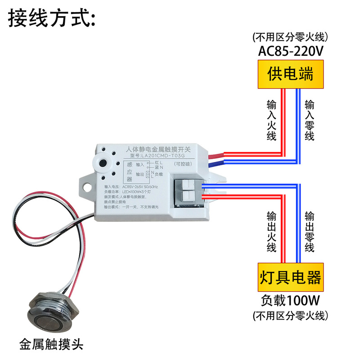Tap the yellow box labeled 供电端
click(x=290, y=75)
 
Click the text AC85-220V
click(x=291, y=52)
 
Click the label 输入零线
click(x=310, y=120)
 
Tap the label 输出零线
click(x=310, y=231)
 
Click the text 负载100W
click(x=291, y=299)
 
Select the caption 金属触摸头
click(x=52, y=345)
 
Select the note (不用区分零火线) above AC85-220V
click(x=291, y=36)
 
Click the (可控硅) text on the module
click(x=183, y=164)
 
